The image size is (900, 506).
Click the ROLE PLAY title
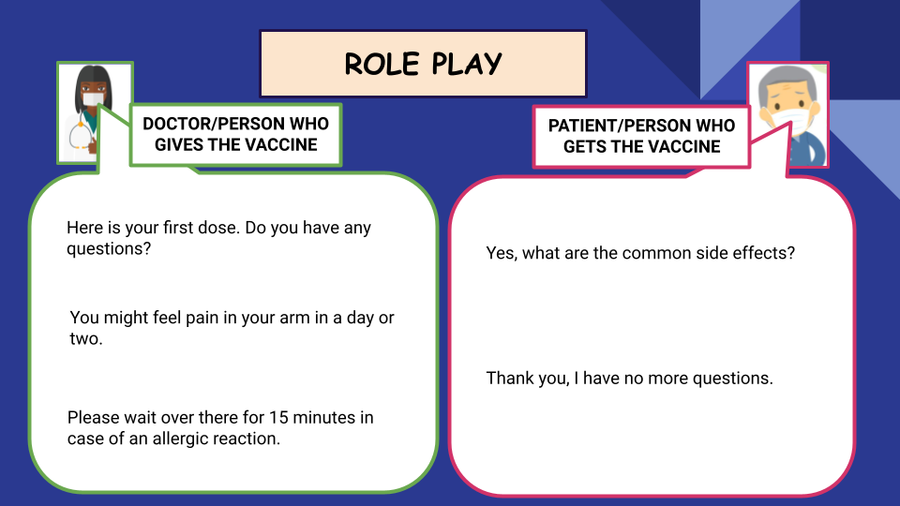pos(423,64)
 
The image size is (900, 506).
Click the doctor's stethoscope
pos(80,134)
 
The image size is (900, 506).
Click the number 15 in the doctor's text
pos(277,418)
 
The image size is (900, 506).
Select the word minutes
pos(323,418)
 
